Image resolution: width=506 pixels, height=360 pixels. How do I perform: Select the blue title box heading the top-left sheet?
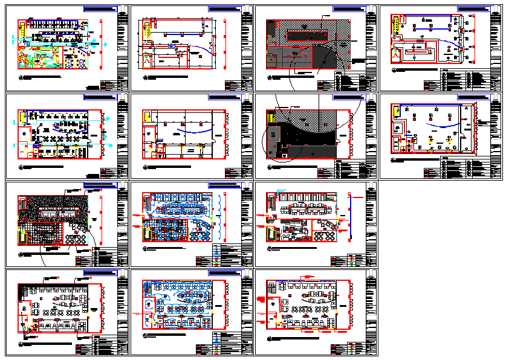pyautogui.click(x=100, y=10)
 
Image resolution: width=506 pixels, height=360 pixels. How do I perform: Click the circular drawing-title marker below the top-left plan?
pyautogui.click(x=21, y=79)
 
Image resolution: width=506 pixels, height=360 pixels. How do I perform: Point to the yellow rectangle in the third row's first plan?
pyautogui.click(x=22, y=237)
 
